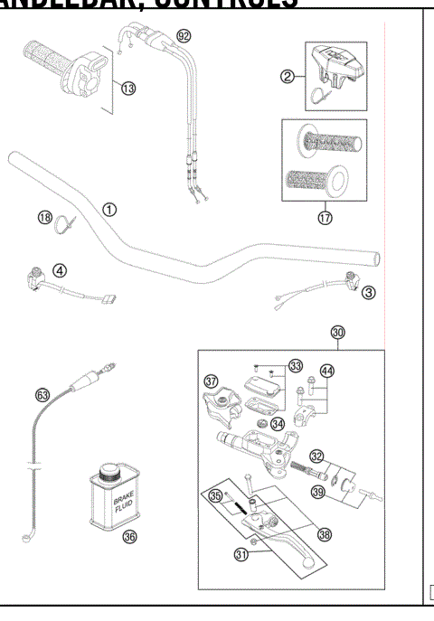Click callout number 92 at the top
point(184,36)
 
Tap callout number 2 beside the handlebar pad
point(288,78)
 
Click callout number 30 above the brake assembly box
point(338,333)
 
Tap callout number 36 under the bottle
point(129,537)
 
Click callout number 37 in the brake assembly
point(212,381)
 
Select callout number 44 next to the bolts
point(325,372)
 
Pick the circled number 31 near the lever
point(242,555)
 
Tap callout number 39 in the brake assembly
point(318,491)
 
